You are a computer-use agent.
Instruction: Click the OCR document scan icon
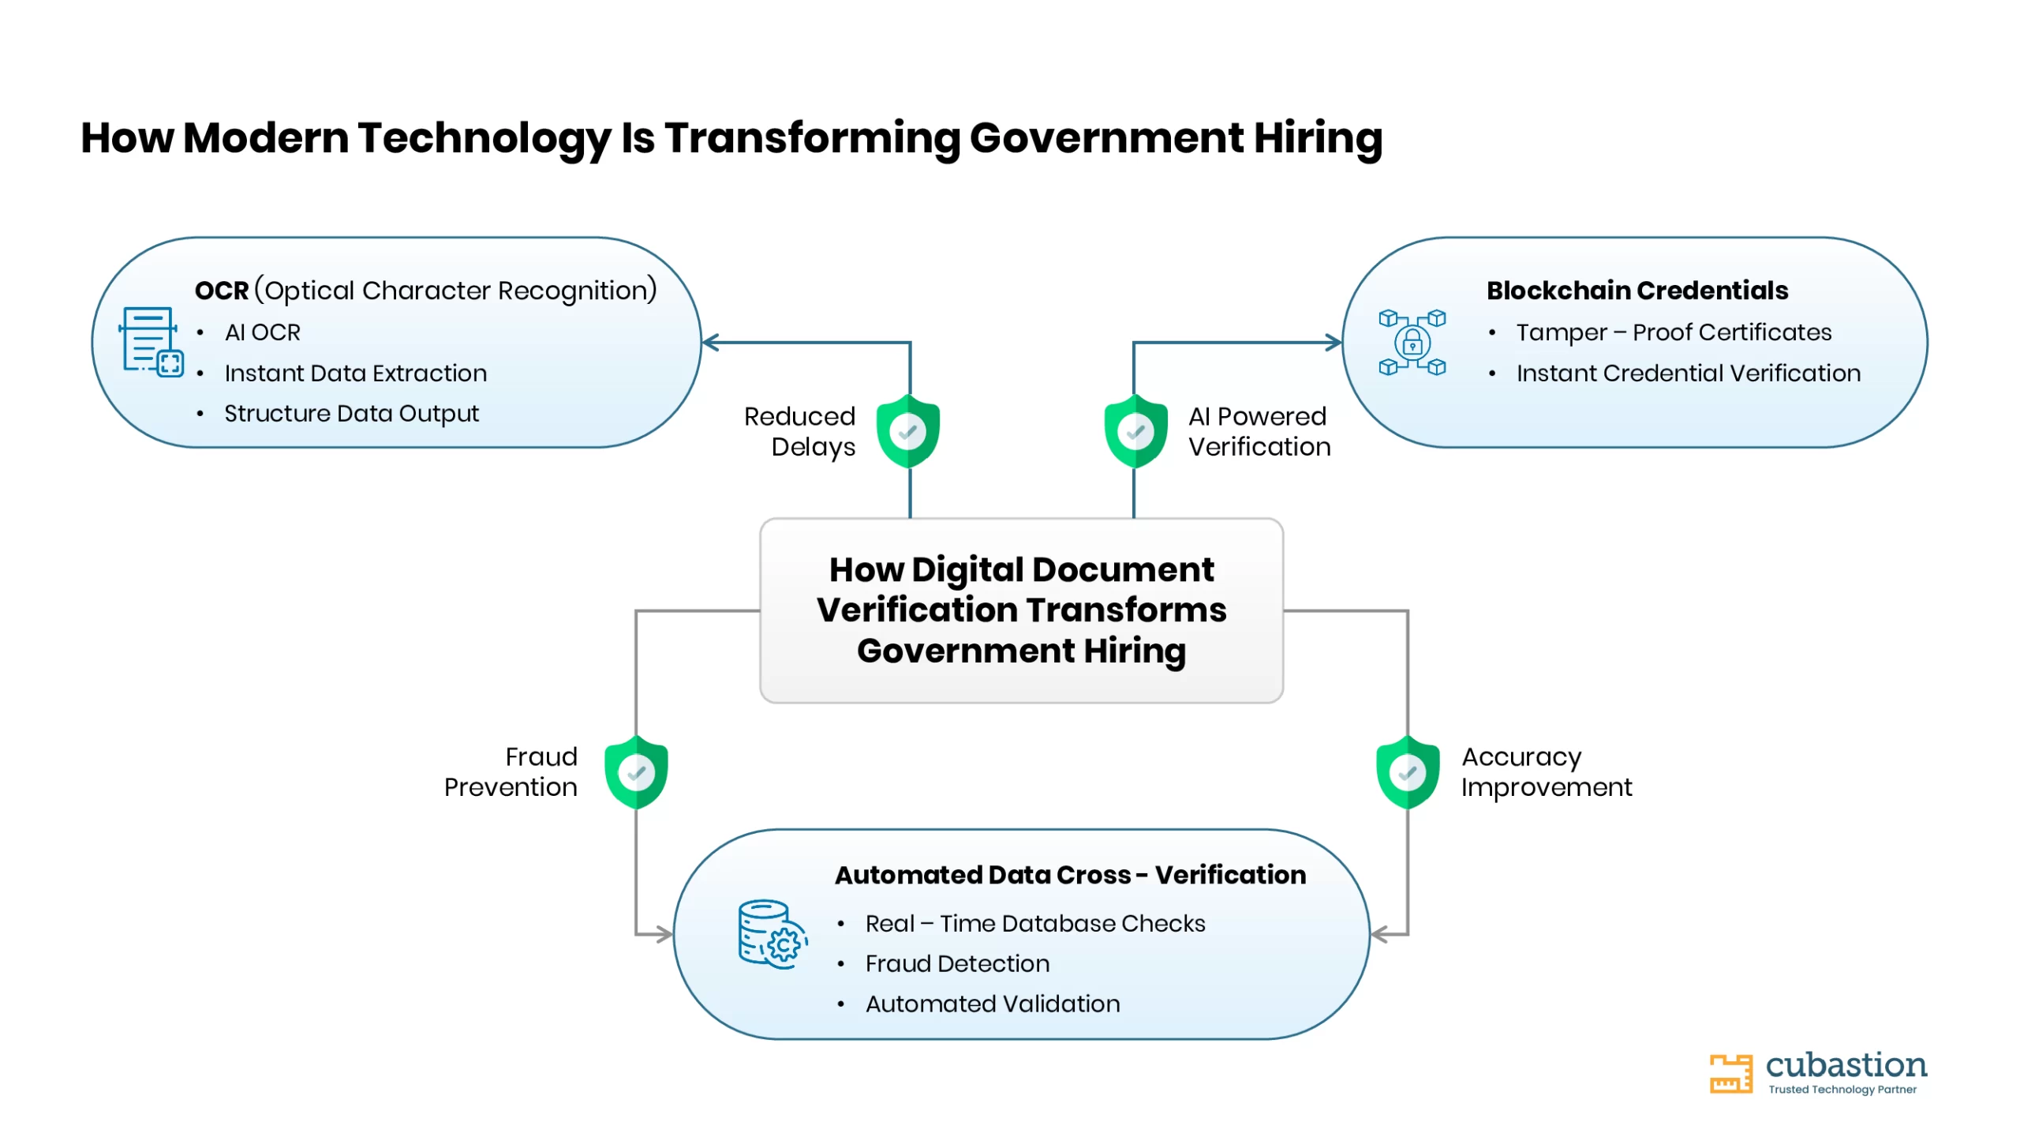[x=151, y=342]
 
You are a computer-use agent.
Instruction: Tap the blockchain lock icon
[x=1412, y=343]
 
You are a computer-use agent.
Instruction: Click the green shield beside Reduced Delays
[x=908, y=431]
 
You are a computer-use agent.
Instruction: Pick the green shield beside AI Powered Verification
[x=1135, y=431]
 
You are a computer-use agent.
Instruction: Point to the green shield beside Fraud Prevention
[x=636, y=772]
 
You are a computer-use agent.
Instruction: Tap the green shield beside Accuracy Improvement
[x=1408, y=772]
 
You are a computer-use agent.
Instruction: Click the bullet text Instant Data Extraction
[x=355, y=373]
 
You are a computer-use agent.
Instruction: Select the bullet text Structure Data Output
[x=351, y=414]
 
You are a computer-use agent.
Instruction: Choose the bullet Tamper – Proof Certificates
[x=1674, y=332]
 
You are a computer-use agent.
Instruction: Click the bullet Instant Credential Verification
[x=1689, y=373]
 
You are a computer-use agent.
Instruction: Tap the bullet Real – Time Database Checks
[x=1035, y=923]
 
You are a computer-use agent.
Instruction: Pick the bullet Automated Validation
[x=993, y=1004]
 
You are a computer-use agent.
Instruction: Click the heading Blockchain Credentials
[x=1637, y=291]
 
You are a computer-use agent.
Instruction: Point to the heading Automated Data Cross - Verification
[x=1071, y=875]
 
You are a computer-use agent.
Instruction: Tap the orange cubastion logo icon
[x=1730, y=1074]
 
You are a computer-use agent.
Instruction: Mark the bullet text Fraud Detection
[x=957, y=963]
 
